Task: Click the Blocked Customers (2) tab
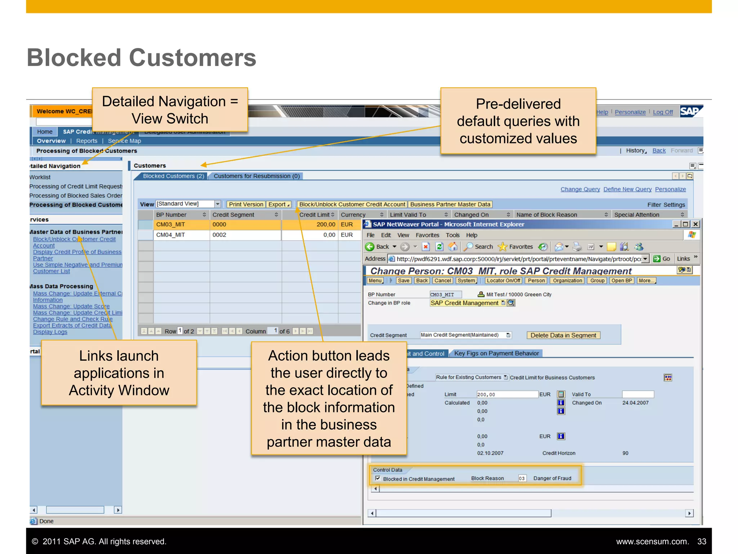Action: pos(173,176)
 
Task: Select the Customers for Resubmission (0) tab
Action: pos(257,176)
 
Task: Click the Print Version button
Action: pos(246,205)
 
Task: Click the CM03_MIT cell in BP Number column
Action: pos(170,224)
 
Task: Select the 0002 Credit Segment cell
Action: pos(219,235)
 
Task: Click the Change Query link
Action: pos(580,189)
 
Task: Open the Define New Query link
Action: pos(627,189)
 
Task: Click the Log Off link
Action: pos(663,112)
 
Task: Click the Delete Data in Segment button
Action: pos(563,335)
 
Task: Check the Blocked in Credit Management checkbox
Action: pos(378,478)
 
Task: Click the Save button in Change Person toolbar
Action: pos(403,281)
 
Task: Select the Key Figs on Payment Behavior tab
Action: pos(496,353)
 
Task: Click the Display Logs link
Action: pos(50,332)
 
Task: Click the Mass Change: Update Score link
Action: pos(71,306)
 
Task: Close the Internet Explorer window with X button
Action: pos(696,224)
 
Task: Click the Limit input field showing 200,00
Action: pos(506,395)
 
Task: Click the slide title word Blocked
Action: pos(74,58)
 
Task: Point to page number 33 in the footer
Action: pos(701,541)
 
